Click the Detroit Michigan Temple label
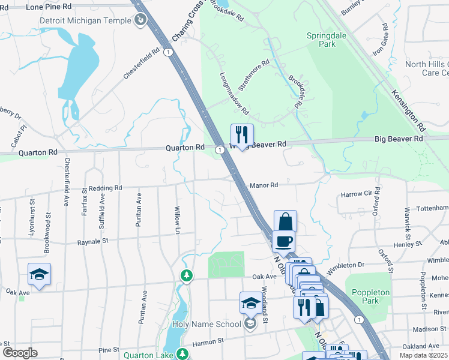(85, 20)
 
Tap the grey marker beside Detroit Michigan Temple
(140, 21)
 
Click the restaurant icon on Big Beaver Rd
(242, 136)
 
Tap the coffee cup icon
(283, 241)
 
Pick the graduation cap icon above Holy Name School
(251, 304)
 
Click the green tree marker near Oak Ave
(187, 275)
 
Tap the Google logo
(19, 353)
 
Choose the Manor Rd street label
(264, 185)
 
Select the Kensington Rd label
(408, 110)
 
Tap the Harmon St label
(208, 340)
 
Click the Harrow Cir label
(357, 194)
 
